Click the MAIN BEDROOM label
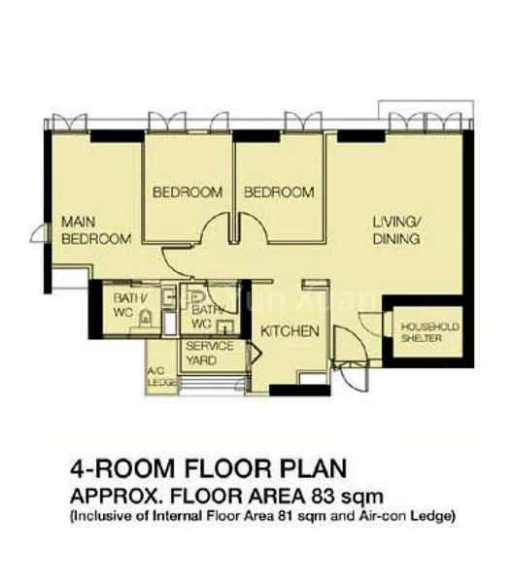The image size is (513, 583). [x=95, y=230]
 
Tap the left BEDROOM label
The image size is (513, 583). [x=188, y=192]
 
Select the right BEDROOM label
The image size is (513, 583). [x=279, y=192]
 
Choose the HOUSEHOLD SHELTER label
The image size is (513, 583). [x=424, y=332]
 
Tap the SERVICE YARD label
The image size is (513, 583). [x=209, y=353]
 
